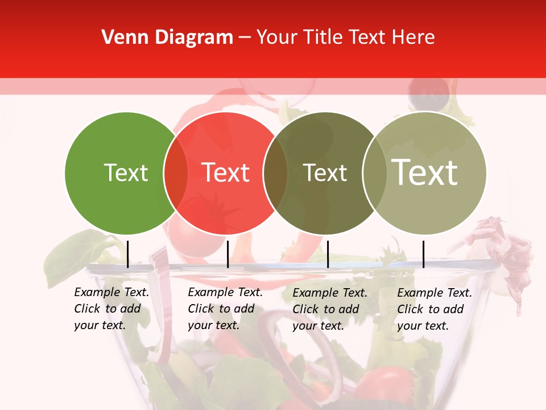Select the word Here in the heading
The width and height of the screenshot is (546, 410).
click(x=415, y=38)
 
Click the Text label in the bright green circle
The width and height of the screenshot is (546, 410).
click(x=126, y=173)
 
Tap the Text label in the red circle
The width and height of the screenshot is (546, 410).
click(x=226, y=173)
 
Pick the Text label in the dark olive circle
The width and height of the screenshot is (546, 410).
click(x=325, y=173)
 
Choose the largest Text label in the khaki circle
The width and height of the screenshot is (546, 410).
click(x=425, y=172)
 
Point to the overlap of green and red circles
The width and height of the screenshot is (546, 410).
click(x=176, y=173)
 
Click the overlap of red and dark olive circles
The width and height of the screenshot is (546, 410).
click(x=275, y=173)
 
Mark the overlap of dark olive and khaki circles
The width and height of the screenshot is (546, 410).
click(x=374, y=173)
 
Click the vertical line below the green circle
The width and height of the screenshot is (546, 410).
click(x=127, y=254)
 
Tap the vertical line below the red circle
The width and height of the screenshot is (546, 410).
click(x=227, y=254)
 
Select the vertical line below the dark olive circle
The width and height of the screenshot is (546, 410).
click(x=328, y=254)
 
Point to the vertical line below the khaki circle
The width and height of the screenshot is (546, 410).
click(x=423, y=254)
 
